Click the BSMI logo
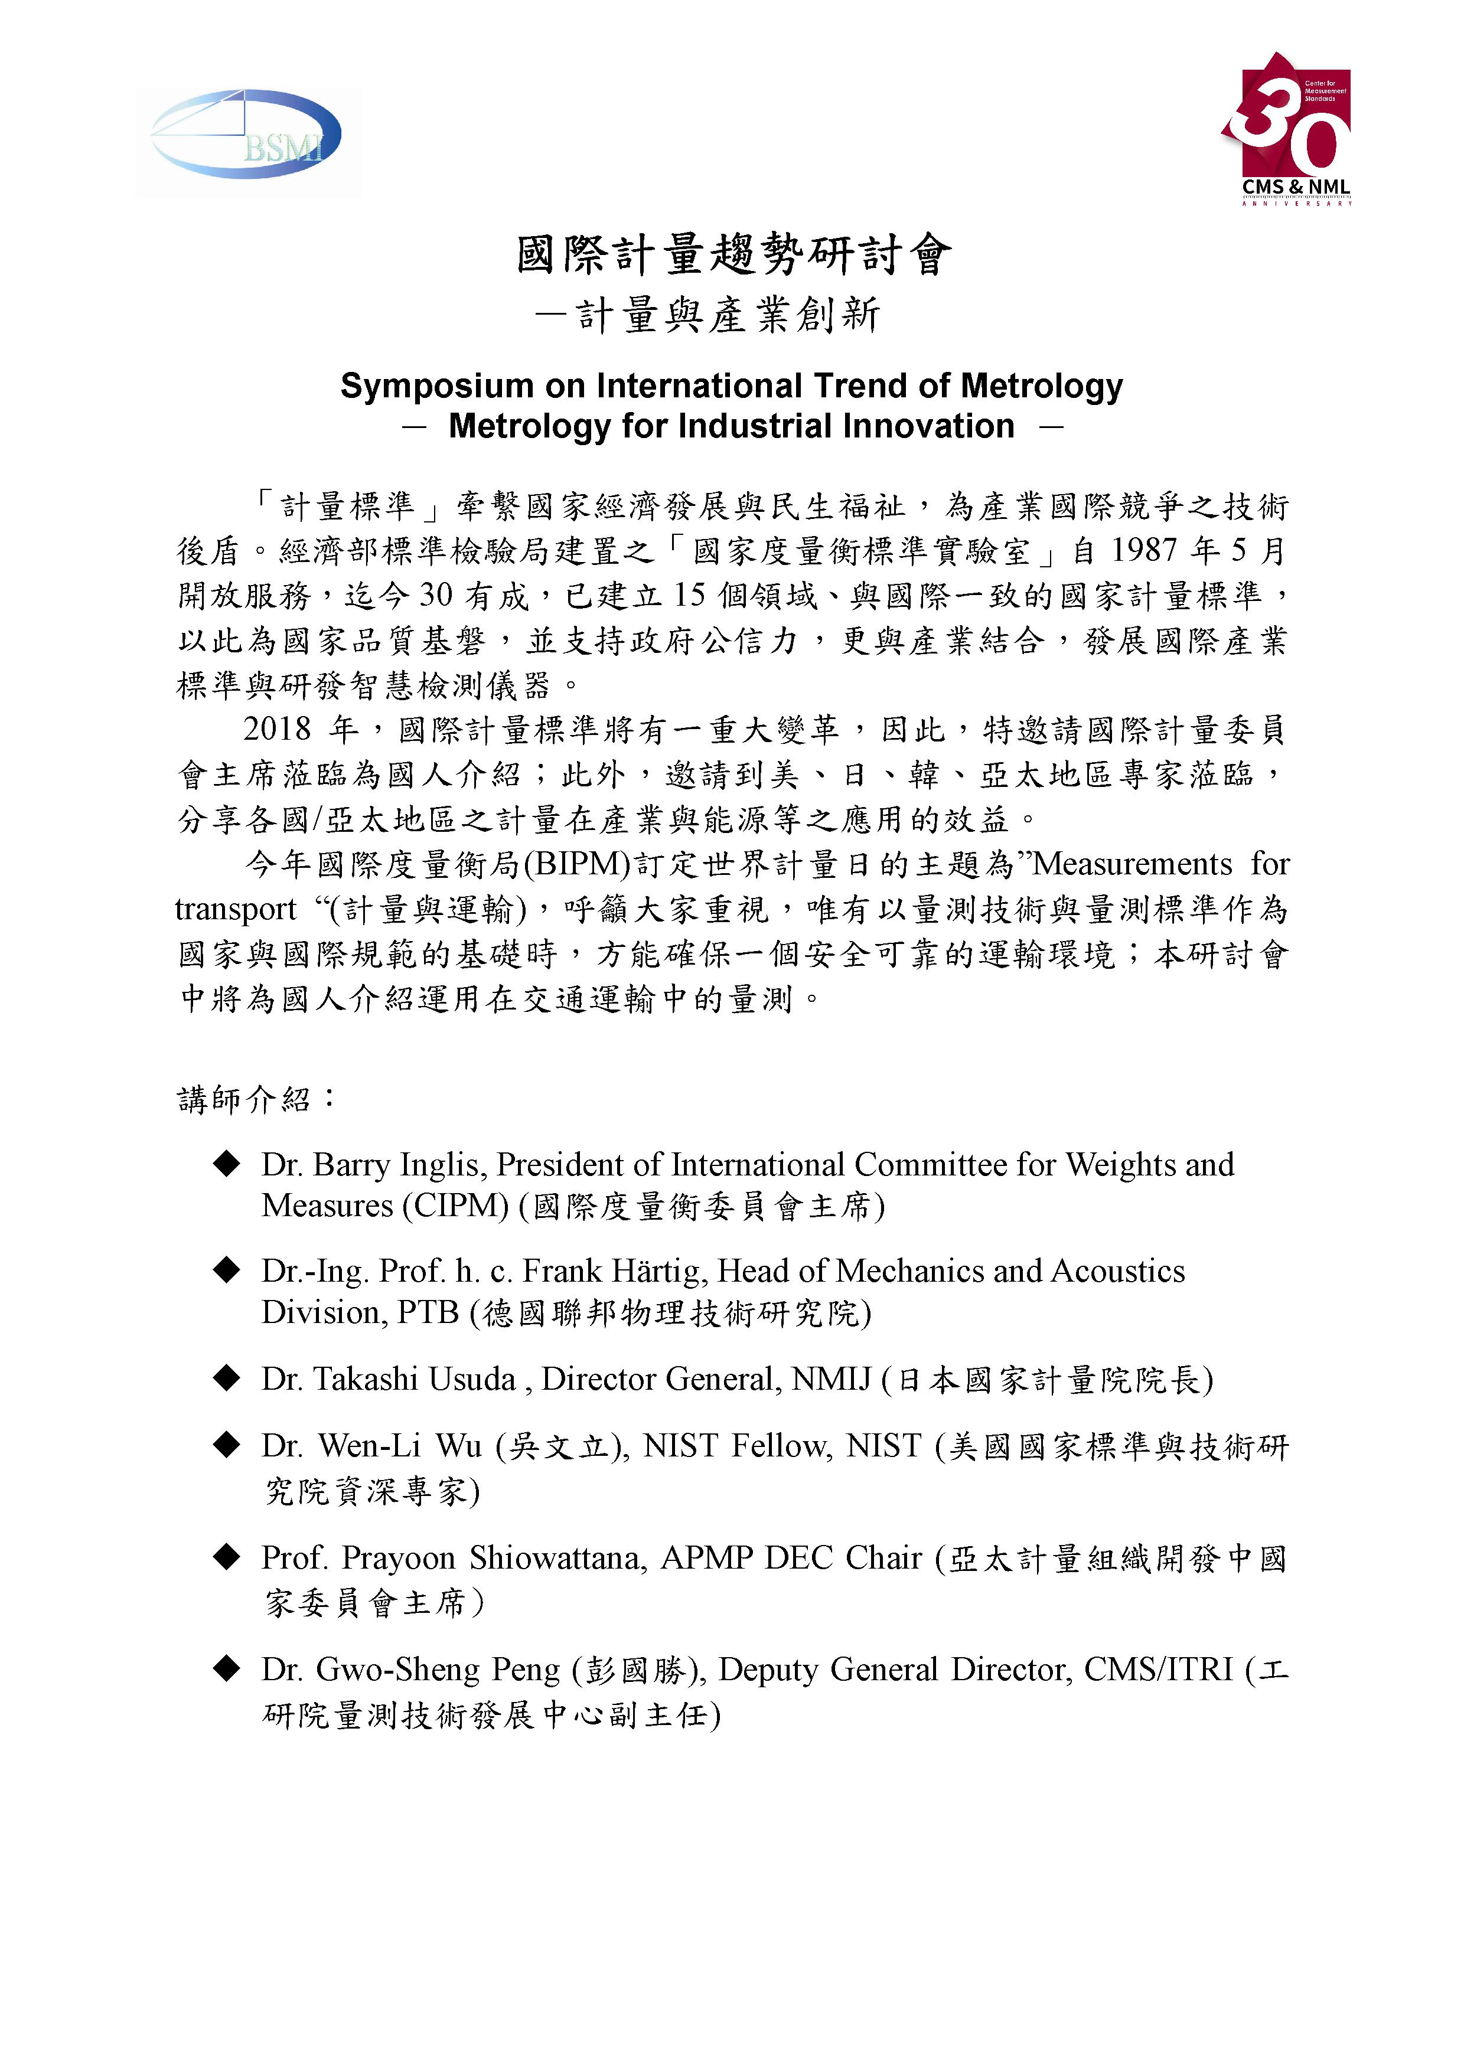click(x=246, y=135)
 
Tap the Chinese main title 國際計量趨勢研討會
click(x=732, y=254)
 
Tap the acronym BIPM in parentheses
click(x=582, y=864)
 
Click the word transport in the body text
click(x=236, y=909)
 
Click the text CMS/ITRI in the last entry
click(x=1158, y=1670)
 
